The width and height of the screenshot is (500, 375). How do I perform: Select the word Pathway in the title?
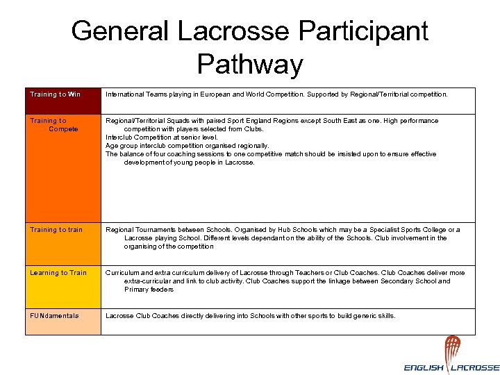coord(250,64)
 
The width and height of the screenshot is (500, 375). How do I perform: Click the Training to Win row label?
coord(55,94)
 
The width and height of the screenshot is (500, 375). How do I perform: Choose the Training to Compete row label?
coord(53,125)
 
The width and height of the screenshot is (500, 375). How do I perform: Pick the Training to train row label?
coord(56,230)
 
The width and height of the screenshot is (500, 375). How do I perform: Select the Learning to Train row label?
coord(58,273)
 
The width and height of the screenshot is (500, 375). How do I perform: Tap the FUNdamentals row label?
coord(54,316)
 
